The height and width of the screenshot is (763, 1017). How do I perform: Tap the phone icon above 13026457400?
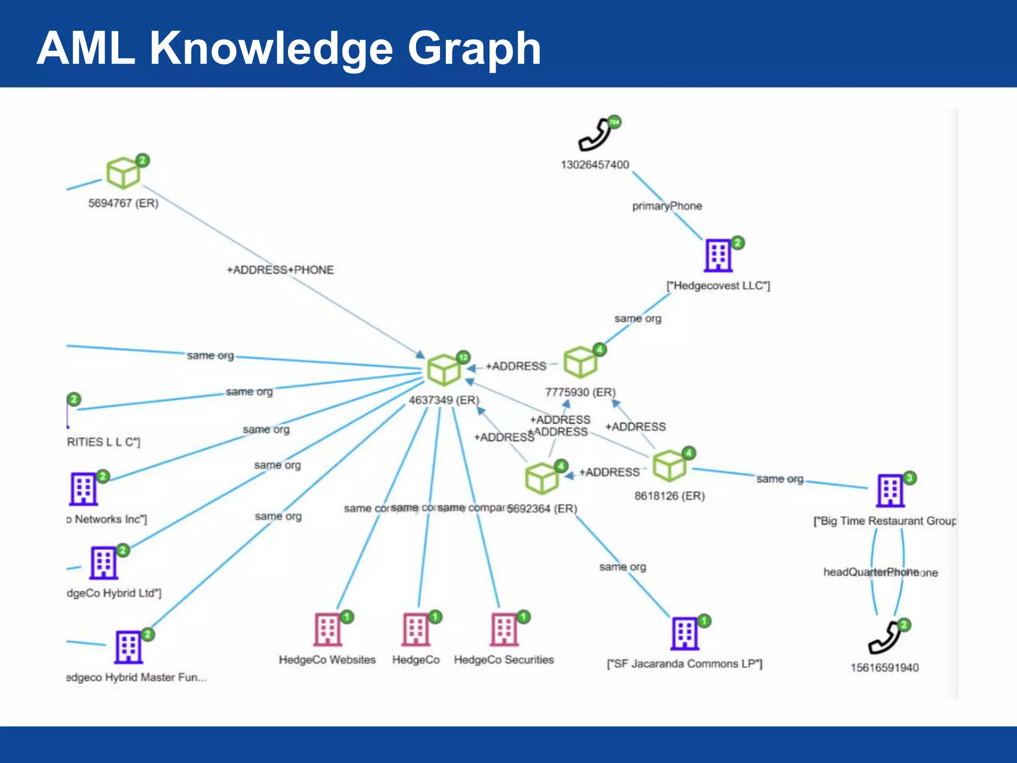pyautogui.click(x=595, y=136)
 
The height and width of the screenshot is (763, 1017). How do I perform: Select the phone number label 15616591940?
pyautogui.click(x=884, y=668)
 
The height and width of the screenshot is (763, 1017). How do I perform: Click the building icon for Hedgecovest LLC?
pyautogui.click(x=719, y=256)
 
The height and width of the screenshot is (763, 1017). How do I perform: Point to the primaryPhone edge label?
pyautogui.click(x=667, y=206)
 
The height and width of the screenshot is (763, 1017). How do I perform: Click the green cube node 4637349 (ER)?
pyautogui.click(x=443, y=370)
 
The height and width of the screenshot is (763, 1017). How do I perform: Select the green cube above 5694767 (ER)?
pyautogui.click(x=123, y=173)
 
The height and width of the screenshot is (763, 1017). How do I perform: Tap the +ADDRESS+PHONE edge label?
pyautogui.click(x=280, y=270)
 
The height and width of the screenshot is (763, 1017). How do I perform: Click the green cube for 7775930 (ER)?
pyautogui.click(x=580, y=362)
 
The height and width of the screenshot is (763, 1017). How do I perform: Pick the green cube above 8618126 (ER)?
pyautogui.click(x=669, y=465)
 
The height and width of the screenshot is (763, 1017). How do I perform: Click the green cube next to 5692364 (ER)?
pyautogui.click(x=541, y=478)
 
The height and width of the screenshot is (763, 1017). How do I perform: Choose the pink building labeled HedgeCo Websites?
pyautogui.click(x=328, y=630)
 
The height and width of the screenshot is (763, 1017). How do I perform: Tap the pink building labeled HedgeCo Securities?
pyautogui.click(x=505, y=630)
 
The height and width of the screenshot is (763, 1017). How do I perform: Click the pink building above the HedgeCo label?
pyautogui.click(x=416, y=630)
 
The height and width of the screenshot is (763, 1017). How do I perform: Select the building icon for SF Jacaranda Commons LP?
pyautogui.click(x=685, y=634)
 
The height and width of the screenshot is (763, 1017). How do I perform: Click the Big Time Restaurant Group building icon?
pyautogui.click(x=890, y=491)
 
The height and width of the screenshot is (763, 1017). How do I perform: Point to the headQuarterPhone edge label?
pyautogui.click(x=872, y=572)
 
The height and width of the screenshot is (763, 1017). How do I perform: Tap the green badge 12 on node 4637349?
pyautogui.click(x=463, y=357)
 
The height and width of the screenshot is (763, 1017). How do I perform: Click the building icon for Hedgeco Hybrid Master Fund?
pyautogui.click(x=129, y=647)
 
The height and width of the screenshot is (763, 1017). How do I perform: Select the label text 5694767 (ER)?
pyautogui.click(x=123, y=203)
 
